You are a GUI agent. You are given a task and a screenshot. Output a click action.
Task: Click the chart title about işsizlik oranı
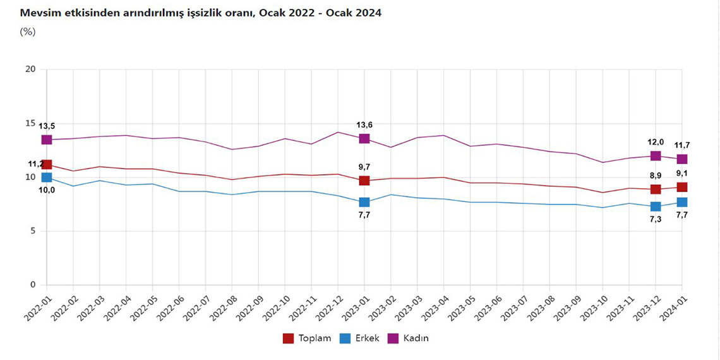pyautogui.click(x=200, y=13)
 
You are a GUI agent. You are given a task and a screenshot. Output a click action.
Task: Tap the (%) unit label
pyautogui.click(x=28, y=32)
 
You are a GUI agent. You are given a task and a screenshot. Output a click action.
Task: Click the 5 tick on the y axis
pyautogui.click(x=33, y=231)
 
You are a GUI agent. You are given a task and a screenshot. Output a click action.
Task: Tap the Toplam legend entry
pyautogui.click(x=306, y=338)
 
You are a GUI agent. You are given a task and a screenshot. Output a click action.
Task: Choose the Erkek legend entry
pyautogui.click(x=359, y=338)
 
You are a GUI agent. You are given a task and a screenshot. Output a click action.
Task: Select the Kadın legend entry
pyautogui.click(x=409, y=338)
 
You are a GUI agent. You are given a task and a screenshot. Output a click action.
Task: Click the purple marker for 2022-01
pyautogui.click(x=47, y=140)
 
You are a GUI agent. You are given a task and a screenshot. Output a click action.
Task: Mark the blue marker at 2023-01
pyautogui.click(x=364, y=202)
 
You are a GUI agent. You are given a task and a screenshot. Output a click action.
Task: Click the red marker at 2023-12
pyautogui.click(x=656, y=189)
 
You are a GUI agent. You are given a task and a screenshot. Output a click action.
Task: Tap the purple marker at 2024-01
pyautogui.click(x=682, y=159)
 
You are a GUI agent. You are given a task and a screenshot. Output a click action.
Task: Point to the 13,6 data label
pyautogui.click(x=364, y=125)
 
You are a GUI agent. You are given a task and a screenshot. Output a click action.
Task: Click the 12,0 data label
pyautogui.click(x=656, y=142)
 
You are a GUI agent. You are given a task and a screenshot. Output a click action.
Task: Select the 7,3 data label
pyautogui.click(x=656, y=219)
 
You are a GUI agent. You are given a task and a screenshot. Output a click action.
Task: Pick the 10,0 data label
pyautogui.click(x=47, y=189)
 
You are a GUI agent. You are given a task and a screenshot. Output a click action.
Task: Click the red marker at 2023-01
pyautogui.click(x=364, y=181)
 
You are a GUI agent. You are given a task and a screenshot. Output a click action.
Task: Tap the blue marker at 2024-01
pyautogui.click(x=682, y=202)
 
